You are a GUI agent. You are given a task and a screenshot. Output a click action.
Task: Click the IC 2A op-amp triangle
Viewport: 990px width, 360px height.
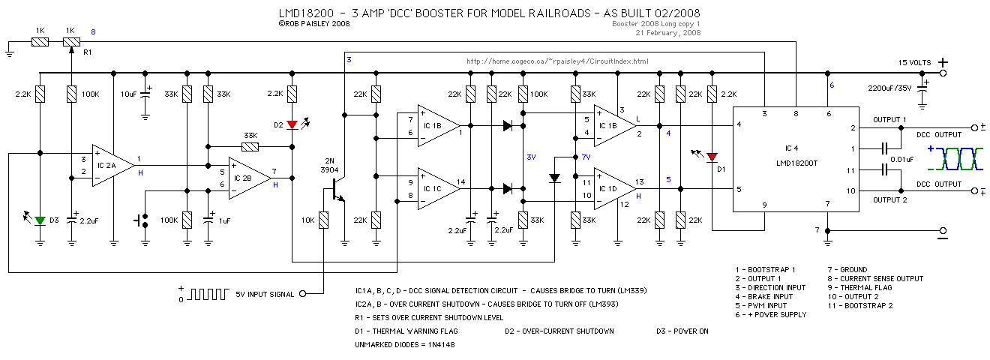coord(113,166)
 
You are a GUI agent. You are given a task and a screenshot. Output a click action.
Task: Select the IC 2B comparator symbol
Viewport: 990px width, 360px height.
coord(250,178)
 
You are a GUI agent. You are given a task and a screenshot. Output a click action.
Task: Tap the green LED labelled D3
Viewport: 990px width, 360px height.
coord(40,220)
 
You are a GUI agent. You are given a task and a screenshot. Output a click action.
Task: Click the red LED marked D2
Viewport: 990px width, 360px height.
coord(292,125)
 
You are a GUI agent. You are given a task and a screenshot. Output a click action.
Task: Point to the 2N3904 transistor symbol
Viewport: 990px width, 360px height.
coord(337,189)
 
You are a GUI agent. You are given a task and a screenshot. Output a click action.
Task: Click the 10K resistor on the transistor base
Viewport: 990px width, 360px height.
coord(323,220)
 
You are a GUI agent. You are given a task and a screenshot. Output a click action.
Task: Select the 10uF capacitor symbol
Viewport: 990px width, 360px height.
coord(145,94)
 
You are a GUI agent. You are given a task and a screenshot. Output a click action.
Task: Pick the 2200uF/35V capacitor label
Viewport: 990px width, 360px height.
coord(889,88)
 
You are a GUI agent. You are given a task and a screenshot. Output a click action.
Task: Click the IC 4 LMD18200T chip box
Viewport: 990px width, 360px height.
coord(796,159)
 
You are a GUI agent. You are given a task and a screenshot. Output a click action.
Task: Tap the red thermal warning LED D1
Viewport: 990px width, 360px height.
coord(712,157)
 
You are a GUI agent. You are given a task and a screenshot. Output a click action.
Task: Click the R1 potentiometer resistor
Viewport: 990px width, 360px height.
coord(71,42)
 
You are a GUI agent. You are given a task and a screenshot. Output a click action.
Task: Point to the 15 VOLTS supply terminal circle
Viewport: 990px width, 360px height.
coord(943,73)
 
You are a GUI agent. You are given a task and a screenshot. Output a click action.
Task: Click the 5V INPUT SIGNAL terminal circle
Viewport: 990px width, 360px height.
coord(303,294)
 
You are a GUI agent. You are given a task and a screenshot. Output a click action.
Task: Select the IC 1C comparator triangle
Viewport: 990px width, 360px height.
coord(439,188)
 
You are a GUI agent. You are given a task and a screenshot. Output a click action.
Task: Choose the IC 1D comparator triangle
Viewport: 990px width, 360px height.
coord(615,188)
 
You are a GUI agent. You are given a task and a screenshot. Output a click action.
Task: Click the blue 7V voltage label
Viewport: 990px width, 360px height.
coord(586,157)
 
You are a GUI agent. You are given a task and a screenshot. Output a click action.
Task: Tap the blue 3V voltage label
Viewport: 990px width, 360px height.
coord(531,157)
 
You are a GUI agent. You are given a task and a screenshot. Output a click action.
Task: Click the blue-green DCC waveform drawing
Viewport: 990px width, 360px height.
coord(955,159)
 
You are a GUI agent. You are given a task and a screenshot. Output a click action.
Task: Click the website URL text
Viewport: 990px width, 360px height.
coord(557,61)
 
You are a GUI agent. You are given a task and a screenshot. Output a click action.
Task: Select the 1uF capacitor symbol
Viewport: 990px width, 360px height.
coord(208,220)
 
